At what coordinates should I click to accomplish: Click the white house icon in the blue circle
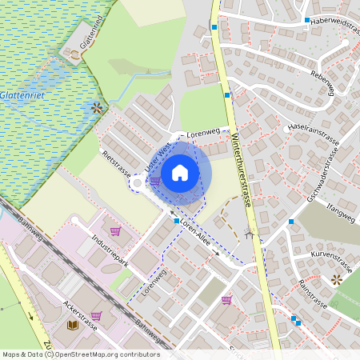(x=180, y=173)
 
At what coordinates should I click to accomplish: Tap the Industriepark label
(x=110, y=250)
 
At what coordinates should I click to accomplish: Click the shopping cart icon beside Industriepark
(x=115, y=231)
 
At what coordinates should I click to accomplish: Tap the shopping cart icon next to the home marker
(x=155, y=181)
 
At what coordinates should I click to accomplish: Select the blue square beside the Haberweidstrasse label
(x=306, y=19)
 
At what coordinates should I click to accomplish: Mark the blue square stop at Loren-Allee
(x=177, y=221)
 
